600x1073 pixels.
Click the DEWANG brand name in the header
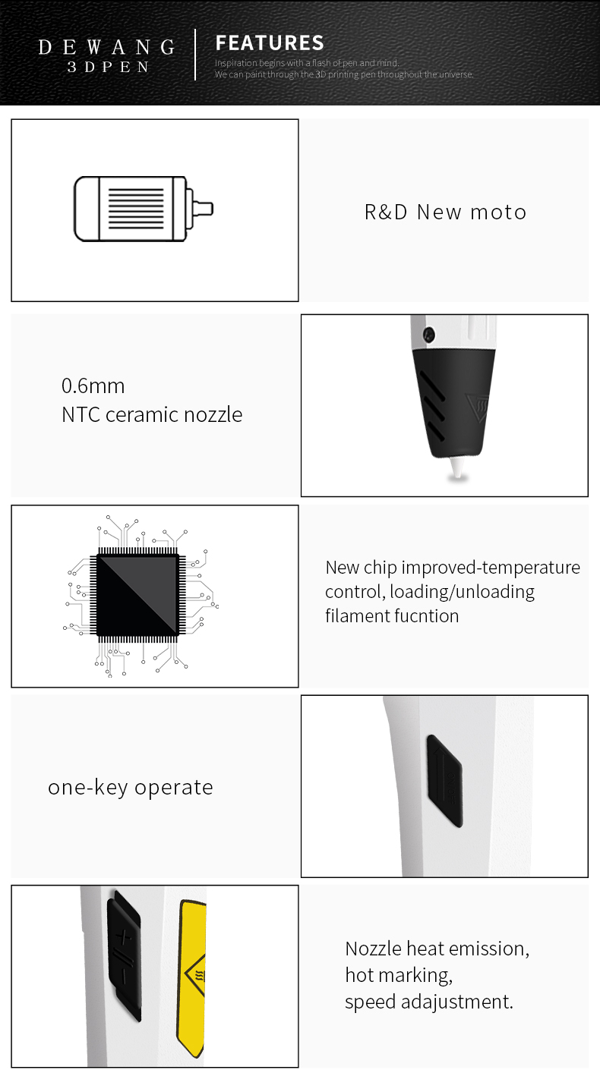pyautogui.click(x=106, y=47)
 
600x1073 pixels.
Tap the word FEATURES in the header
pyautogui.click(x=270, y=42)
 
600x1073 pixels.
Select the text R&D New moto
pyautogui.click(x=445, y=212)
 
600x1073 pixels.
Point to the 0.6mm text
pyautogui.click(x=93, y=385)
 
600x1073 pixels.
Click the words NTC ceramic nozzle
pyautogui.click(x=152, y=414)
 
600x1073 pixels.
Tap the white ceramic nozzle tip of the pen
pyautogui.click(x=457, y=469)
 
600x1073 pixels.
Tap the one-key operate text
pyautogui.click(x=131, y=787)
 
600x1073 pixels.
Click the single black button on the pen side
pyautogui.click(x=444, y=779)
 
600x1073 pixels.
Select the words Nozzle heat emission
pyautogui.click(x=437, y=949)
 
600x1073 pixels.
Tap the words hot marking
pyautogui.click(x=399, y=975)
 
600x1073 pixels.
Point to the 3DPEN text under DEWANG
pyautogui.click(x=108, y=67)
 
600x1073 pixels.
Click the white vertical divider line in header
pyautogui.click(x=196, y=54)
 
